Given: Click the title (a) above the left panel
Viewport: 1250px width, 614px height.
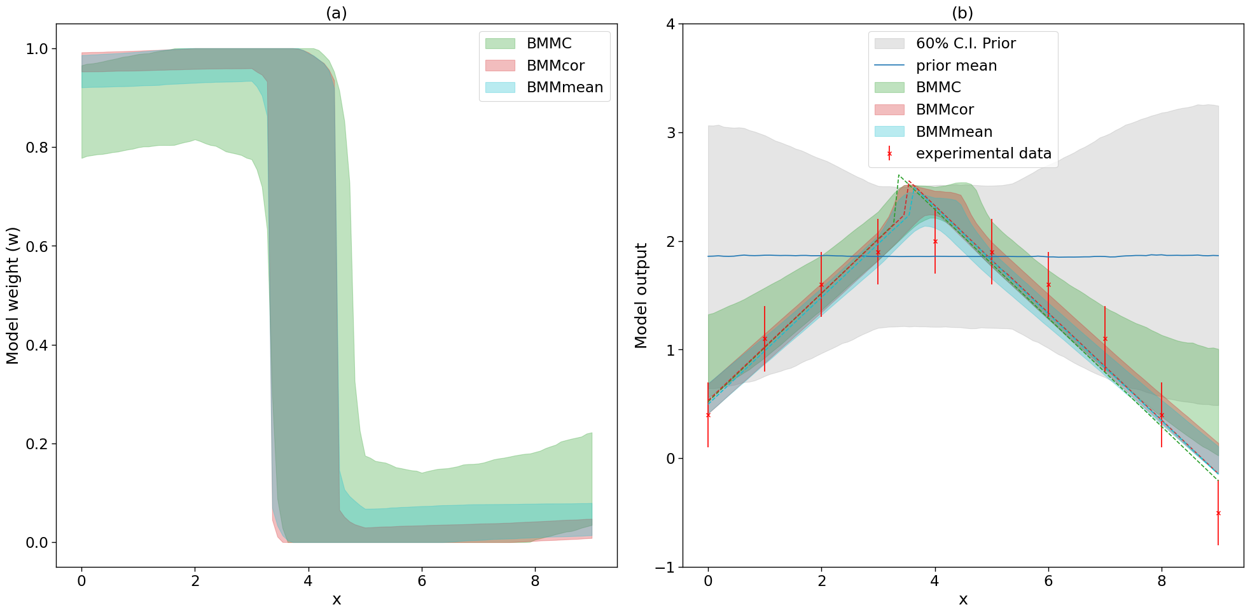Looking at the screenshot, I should click(336, 13).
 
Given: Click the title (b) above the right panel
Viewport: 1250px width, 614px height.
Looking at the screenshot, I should click(962, 13).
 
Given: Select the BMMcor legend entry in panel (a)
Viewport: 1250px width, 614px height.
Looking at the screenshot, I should click(555, 66).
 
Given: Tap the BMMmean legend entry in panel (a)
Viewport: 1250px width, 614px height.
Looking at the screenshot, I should click(564, 87).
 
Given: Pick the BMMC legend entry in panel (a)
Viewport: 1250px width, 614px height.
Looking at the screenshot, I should click(548, 43).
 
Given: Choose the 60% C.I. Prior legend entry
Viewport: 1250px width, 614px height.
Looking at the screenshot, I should click(965, 43).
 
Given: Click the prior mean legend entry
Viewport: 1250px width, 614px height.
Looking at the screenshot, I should click(955, 66).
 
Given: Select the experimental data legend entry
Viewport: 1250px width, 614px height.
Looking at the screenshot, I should click(983, 153).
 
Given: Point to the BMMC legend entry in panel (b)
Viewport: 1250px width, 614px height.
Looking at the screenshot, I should click(938, 87).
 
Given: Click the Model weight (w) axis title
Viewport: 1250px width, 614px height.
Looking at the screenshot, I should click(13, 295).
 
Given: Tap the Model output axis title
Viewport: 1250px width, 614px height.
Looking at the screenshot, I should click(641, 295).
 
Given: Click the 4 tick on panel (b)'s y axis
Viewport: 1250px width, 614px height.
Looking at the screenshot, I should click(670, 24).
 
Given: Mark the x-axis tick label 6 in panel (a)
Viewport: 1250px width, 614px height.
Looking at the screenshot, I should click(422, 581).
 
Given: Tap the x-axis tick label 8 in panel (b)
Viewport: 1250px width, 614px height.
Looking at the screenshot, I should click(1162, 581).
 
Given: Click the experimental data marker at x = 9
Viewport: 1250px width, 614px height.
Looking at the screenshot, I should click(1218, 513).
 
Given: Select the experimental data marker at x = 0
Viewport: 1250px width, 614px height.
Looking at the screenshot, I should click(708, 415).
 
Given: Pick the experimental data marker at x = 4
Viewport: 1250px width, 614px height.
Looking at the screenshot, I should click(935, 241).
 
